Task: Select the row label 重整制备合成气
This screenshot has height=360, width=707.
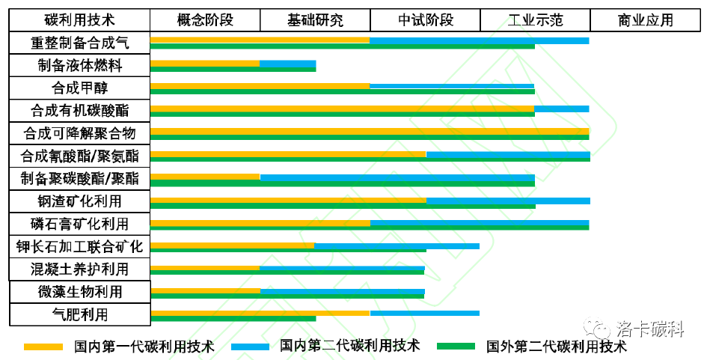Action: tap(79, 43)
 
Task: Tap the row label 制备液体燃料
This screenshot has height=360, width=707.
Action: tap(79, 66)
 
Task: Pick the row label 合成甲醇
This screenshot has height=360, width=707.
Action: tap(79, 88)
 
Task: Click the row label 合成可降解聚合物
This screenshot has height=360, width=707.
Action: tap(79, 134)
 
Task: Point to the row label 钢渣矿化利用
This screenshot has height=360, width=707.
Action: tap(79, 201)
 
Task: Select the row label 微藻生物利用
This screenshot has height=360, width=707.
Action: tap(79, 291)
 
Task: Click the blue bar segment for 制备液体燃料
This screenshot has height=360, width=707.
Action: tap(287, 64)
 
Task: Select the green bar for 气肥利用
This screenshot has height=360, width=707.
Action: tap(233, 318)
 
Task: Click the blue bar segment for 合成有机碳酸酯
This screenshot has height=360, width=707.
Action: tap(561, 109)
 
